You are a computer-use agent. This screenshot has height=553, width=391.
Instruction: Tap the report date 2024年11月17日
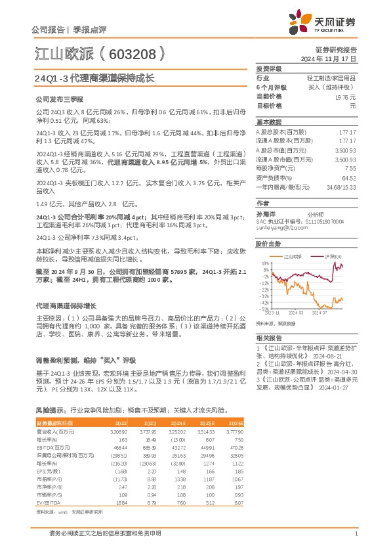(x=330, y=58)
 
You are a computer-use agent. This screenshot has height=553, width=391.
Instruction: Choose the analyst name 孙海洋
(x=266, y=213)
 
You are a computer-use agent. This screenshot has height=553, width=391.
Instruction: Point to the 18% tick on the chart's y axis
(x=266, y=263)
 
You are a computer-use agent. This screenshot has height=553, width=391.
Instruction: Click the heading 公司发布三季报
(x=58, y=99)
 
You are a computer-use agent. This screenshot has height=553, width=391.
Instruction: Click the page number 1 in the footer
(x=355, y=533)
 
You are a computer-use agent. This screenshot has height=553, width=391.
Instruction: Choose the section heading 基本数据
(x=268, y=122)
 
